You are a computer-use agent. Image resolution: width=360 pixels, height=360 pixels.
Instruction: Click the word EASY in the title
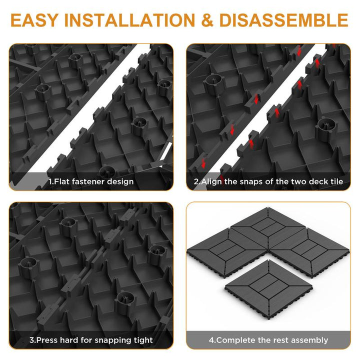[34, 20]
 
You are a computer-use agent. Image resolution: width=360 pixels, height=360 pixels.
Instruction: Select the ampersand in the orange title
[207, 20]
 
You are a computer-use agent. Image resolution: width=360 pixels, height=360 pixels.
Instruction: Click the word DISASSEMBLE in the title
[284, 20]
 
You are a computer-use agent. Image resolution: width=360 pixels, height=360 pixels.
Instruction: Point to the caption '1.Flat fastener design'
[91, 181]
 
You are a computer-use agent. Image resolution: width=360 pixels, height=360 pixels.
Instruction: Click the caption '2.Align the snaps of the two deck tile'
[268, 181]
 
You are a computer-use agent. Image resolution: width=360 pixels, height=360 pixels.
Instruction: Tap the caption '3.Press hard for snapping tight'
[91, 340]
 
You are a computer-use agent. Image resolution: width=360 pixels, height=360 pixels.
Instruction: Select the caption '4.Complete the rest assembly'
[268, 340]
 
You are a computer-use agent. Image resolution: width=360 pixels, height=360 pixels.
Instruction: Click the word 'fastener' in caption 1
[89, 181]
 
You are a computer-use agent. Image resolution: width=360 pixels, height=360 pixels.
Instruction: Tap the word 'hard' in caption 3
[69, 340]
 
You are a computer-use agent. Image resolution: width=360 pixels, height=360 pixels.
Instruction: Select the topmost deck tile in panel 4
[268, 227]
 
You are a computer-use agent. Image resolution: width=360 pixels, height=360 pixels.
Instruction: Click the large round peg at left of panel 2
[214, 84]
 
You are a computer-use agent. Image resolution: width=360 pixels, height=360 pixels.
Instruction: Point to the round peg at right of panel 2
[326, 129]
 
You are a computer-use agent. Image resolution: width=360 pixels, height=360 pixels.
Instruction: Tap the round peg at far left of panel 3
[28, 268]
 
